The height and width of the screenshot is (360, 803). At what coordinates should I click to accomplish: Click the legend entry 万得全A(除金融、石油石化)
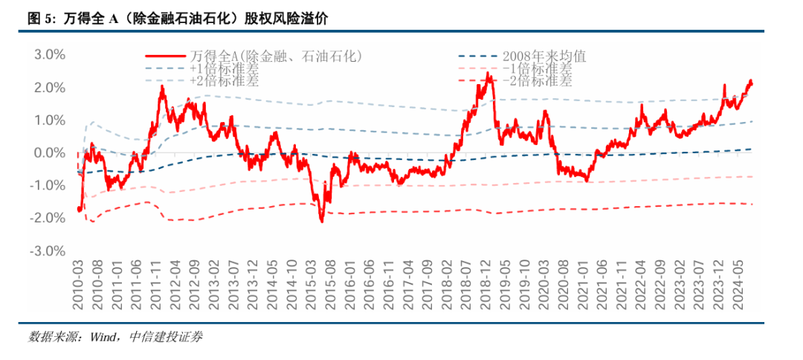[275, 56]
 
